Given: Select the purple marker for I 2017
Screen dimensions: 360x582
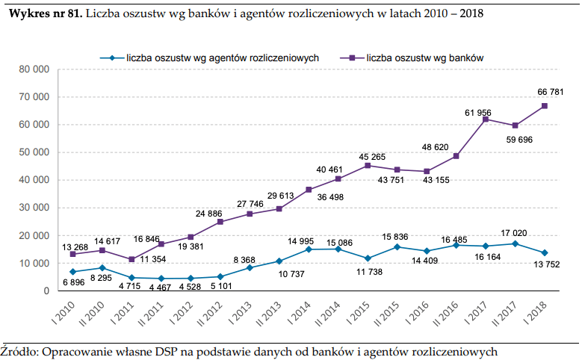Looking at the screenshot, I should coord(486,120).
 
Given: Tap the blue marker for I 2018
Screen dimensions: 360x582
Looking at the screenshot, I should coord(545,252).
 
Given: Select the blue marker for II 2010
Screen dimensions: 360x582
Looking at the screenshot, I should coord(102,267).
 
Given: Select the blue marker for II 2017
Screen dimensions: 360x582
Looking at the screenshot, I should coord(515,243).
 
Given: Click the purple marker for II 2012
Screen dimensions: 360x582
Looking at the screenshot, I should coord(220,222).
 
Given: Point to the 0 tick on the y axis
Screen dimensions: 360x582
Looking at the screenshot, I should coord(46,291).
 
